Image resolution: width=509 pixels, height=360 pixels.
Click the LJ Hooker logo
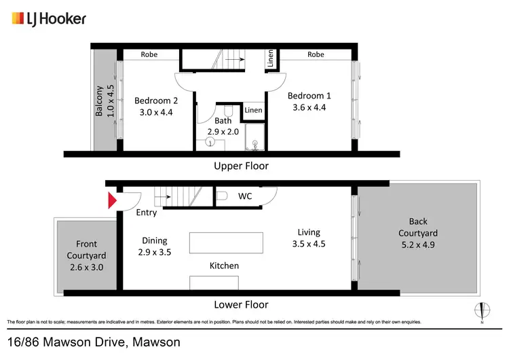click(49, 18)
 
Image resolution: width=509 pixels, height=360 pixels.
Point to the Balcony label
click(99, 101)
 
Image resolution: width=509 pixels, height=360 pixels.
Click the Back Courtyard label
click(419, 227)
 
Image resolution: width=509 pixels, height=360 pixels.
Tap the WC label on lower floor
click(245, 196)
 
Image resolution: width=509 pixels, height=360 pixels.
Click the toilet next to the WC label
click(223, 196)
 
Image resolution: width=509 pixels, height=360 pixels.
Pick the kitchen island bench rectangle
click(226, 242)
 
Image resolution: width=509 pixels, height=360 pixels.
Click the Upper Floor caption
click(241, 166)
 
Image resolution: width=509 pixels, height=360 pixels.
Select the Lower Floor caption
click(241, 304)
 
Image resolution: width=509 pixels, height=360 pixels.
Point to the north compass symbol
click(482, 311)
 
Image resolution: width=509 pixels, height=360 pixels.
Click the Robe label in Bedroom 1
click(316, 54)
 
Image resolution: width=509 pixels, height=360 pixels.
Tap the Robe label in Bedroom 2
click(149, 54)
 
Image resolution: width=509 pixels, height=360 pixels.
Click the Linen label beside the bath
click(253, 110)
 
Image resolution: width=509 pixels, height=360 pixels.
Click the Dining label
click(154, 240)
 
